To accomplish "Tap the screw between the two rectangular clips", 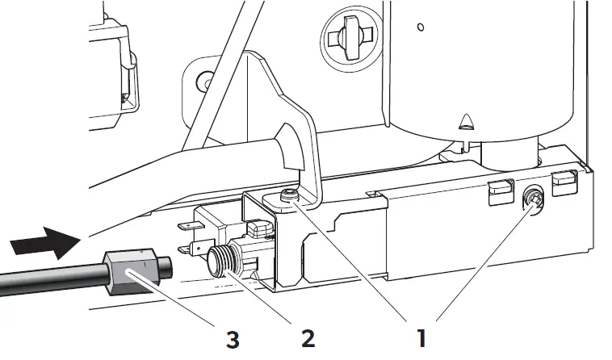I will coord(534,196).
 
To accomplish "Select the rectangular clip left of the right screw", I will coord(498,188).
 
